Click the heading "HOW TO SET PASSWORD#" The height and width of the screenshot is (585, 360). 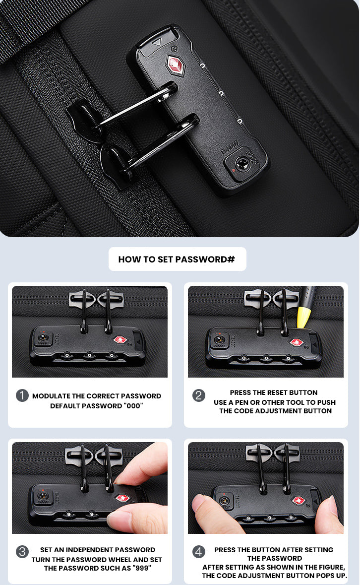pos(177,260)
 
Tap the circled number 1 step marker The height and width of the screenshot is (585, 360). pos(22,395)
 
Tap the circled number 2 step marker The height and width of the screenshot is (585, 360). pos(198,395)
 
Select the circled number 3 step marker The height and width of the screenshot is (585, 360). pos(22,552)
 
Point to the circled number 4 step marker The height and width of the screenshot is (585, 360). pos(198,552)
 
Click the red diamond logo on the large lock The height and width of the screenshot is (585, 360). pos(175,65)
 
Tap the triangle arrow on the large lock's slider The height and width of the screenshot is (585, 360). pos(157,42)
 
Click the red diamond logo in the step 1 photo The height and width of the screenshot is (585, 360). pos(120,340)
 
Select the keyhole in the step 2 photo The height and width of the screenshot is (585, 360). pos(220,340)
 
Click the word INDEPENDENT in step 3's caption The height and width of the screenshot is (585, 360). pos(85,550)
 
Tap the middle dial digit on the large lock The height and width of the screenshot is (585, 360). pos(221,93)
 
